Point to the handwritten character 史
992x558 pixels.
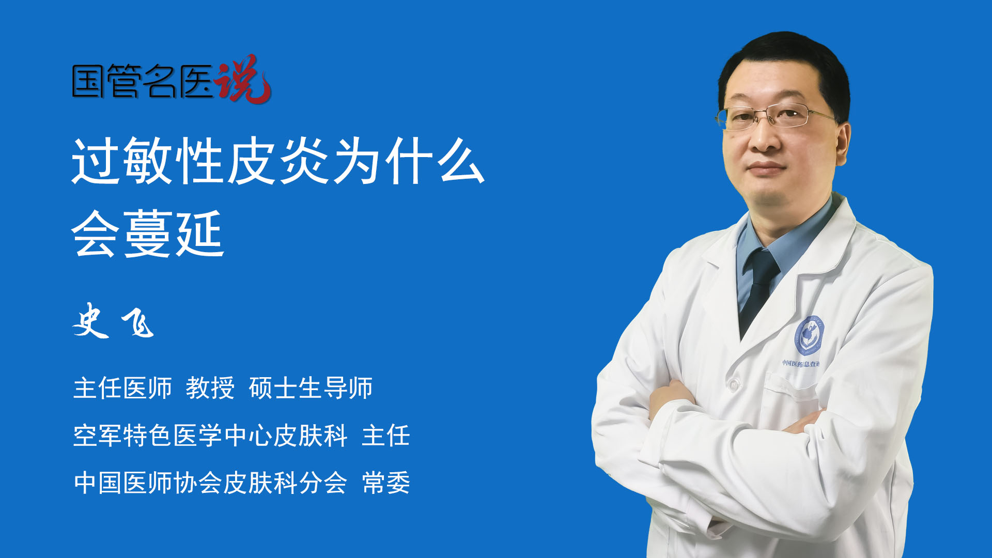click(x=91, y=321)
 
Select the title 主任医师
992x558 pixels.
click(x=122, y=388)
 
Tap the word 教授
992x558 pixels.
click(x=210, y=388)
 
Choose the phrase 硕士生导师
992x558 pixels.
click(x=311, y=388)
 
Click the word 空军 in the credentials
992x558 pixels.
click(x=98, y=436)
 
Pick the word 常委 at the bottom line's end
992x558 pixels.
click(x=386, y=483)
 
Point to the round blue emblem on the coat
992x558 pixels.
click(x=809, y=336)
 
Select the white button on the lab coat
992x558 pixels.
click(x=733, y=384)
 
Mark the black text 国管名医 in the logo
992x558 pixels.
click(x=143, y=81)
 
